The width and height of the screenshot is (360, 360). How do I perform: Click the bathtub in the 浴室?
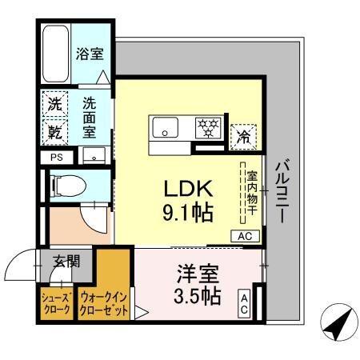[x=55, y=54]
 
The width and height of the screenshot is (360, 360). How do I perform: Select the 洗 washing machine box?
[x=54, y=103]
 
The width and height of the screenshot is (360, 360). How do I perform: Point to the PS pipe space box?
[x=56, y=157]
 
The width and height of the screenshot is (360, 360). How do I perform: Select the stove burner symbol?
[x=210, y=126]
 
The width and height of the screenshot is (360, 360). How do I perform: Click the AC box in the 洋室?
[x=244, y=303]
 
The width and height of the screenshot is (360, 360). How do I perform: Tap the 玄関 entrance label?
[x=65, y=260]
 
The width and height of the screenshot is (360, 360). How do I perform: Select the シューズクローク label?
[x=56, y=303]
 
